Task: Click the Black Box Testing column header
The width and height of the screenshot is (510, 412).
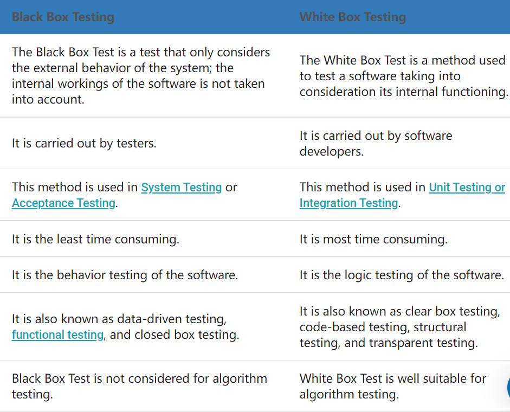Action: point(63,17)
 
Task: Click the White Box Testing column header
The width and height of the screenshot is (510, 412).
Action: point(352,17)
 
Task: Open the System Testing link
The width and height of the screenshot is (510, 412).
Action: point(182,187)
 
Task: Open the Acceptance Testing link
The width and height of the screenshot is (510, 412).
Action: point(63,203)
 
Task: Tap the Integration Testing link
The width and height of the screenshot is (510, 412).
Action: point(348,203)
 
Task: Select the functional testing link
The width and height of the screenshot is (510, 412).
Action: point(57,334)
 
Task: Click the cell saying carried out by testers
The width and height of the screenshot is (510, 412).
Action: point(84,143)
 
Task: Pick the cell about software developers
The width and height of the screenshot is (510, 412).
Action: point(376,143)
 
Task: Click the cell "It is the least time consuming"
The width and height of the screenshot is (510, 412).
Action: point(95,239)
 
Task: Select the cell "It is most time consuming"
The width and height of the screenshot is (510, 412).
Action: point(373,239)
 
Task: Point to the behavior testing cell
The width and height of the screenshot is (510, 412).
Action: point(125,275)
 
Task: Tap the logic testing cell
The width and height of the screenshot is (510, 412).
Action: point(402,275)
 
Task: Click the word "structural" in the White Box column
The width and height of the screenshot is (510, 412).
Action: point(440,327)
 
